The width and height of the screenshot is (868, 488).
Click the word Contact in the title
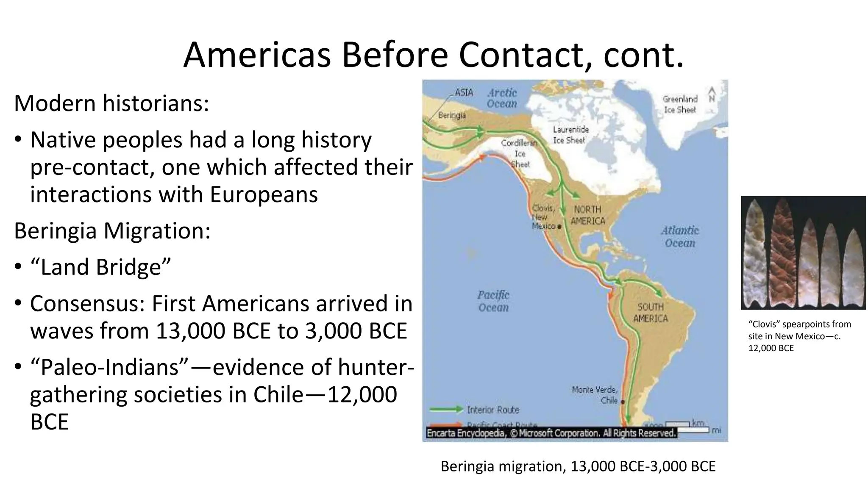(519, 55)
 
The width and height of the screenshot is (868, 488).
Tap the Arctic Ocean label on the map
(502, 98)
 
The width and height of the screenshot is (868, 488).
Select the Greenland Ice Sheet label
(680, 104)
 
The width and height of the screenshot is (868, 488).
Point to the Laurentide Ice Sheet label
(570, 135)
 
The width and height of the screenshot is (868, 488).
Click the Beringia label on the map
(452, 115)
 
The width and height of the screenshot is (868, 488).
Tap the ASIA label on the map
(464, 92)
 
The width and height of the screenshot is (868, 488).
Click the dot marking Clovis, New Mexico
(559, 227)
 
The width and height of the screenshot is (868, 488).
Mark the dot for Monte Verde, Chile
(623, 401)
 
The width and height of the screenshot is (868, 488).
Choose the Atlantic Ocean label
(680, 236)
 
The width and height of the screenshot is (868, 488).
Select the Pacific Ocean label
(493, 301)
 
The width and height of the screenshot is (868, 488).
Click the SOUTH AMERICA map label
(650, 313)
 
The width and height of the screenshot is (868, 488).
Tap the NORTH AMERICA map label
(587, 215)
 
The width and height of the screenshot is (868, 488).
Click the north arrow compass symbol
(712, 94)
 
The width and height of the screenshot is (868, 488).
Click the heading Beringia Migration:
(112, 231)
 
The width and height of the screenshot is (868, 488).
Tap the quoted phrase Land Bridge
(100, 267)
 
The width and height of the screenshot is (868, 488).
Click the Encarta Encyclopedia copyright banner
(551, 433)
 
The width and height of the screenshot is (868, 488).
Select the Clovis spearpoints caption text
(799, 336)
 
